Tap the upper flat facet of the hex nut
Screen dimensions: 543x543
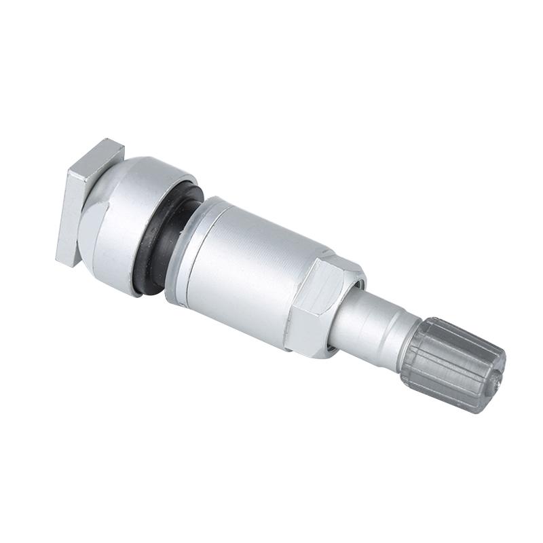click(x=336, y=271)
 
